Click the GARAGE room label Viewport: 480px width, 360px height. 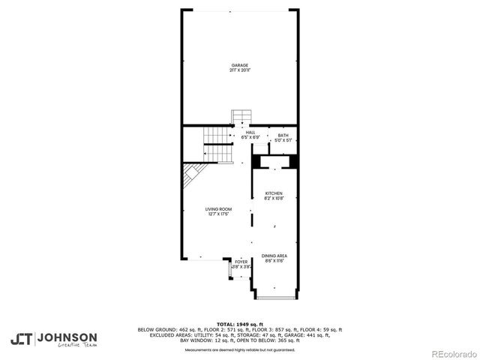coord(239,65)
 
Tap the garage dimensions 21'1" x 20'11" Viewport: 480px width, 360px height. coord(239,70)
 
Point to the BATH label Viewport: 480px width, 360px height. coord(283,135)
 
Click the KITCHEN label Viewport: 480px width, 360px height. coord(274,193)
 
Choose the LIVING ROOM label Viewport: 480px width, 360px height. coord(219,209)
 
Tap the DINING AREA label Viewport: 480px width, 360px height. coord(274,256)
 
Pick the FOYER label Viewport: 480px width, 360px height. coord(241,262)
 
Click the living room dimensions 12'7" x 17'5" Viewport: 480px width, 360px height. coord(219,214)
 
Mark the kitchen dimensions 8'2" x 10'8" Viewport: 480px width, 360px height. coord(274,199)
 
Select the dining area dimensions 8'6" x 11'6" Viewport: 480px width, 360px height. coord(274,261)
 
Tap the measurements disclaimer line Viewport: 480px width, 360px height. coord(240,349)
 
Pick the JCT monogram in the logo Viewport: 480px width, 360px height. coord(22,339)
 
